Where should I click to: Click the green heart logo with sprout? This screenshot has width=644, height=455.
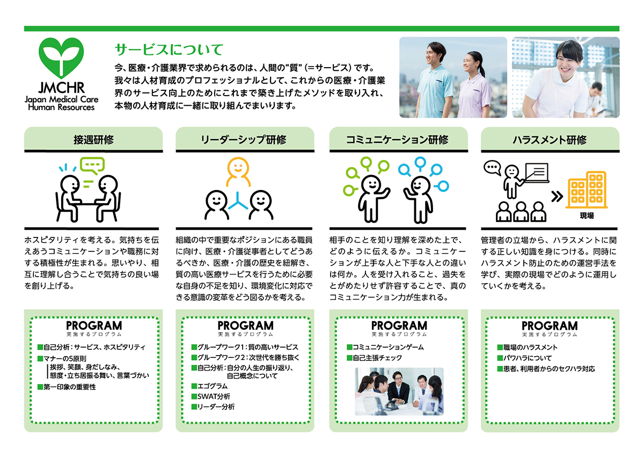(61, 57)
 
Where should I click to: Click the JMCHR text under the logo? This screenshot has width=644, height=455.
(61, 88)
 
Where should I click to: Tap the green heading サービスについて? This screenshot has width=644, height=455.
(169, 49)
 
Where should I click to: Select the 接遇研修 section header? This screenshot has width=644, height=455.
(93, 140)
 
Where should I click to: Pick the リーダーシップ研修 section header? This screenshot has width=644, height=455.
(245, 140)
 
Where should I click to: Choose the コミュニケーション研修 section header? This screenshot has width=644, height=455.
(398, 140)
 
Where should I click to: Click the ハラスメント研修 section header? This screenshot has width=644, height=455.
(550, 140)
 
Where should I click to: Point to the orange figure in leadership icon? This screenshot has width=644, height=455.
(238, 172)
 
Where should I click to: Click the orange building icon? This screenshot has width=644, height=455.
(587, 190)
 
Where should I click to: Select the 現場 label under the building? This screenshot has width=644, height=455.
(587, 215)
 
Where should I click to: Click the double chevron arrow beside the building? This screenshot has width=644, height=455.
(557, 197)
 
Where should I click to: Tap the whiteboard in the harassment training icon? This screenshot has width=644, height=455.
(537, 172)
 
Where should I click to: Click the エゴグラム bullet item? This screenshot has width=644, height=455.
(209, 386)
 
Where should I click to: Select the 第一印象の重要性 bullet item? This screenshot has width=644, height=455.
(67, 387)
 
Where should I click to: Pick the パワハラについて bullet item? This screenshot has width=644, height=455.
(525, 358)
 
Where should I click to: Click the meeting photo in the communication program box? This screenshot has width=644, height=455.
(399, 392)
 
